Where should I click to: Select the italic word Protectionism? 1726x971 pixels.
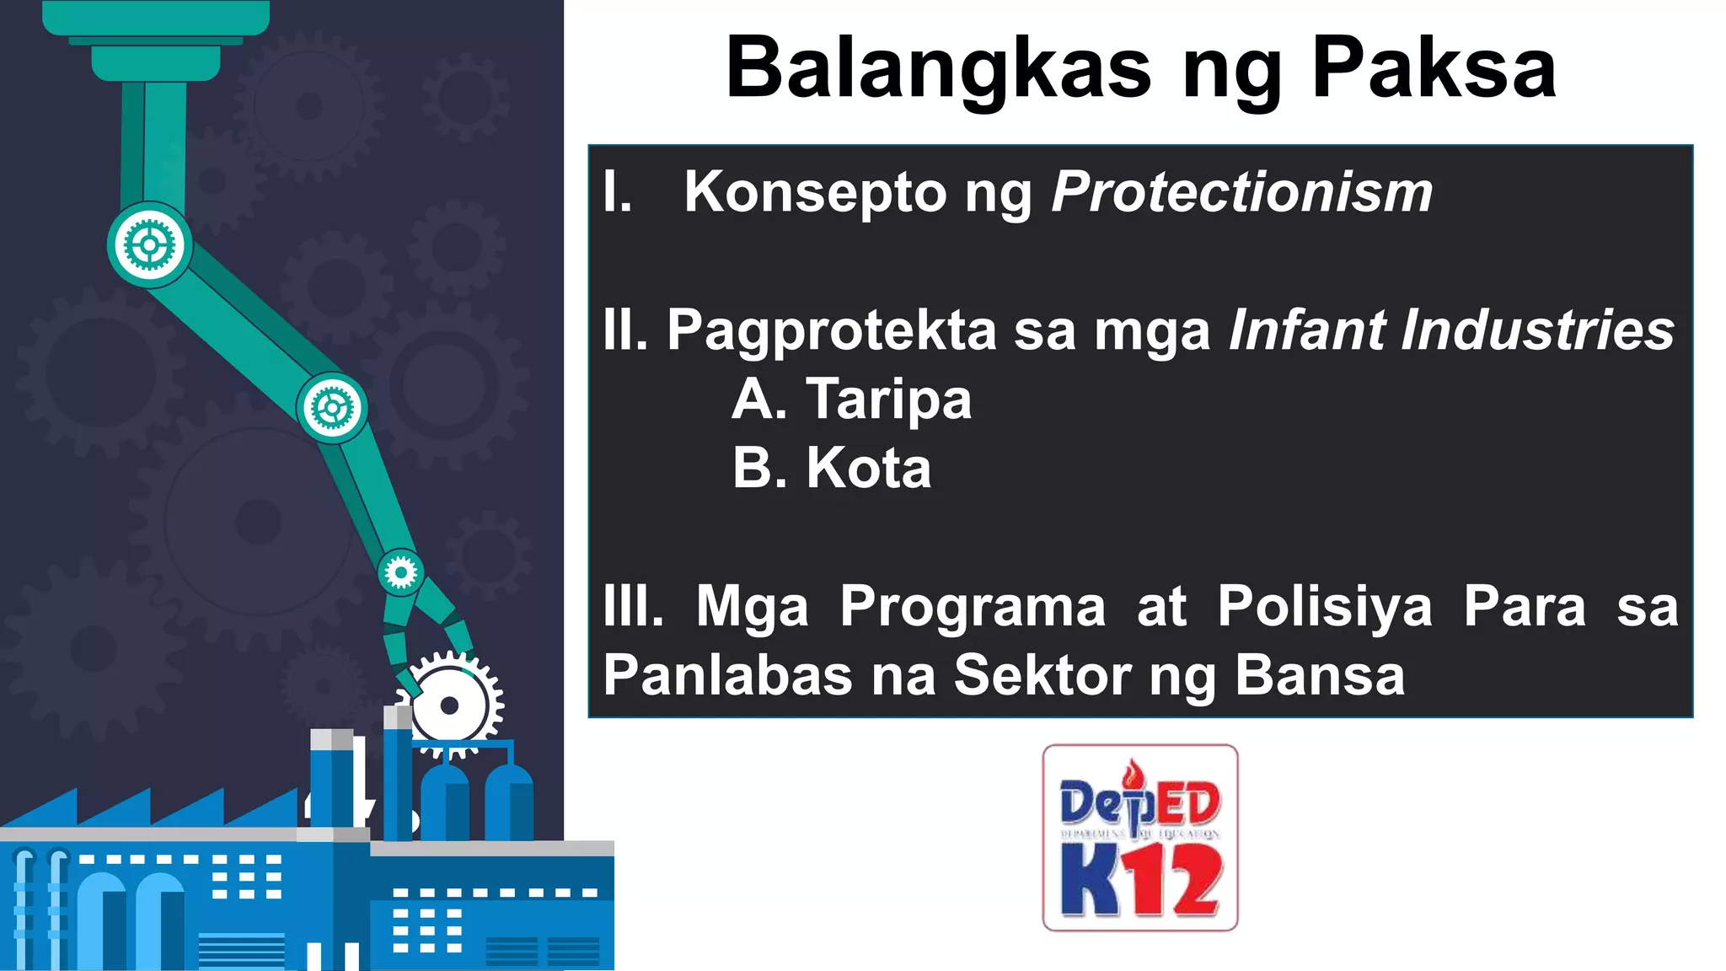(x=1242, y=192)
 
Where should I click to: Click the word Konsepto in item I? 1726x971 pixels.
(x=815, y=192)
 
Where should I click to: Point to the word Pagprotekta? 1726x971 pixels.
(x=832, y=330)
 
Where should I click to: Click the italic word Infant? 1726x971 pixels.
(x=1306, y=329)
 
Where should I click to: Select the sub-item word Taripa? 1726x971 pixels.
(x=888, y=399)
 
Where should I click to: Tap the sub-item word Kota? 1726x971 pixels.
(x=868, y=468)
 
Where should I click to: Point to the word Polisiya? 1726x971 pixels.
(x=1324, y=607)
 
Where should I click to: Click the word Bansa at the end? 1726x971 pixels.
(x=1320, y=676)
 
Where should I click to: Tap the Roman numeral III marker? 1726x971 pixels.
(x=633, y=607)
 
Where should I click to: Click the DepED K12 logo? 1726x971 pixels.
(x=1139, y=838)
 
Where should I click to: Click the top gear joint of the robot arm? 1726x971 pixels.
(x=150, y=245)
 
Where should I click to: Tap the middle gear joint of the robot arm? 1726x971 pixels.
(x=332, y=409)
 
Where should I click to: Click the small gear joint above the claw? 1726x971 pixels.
(x=400, y=573)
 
